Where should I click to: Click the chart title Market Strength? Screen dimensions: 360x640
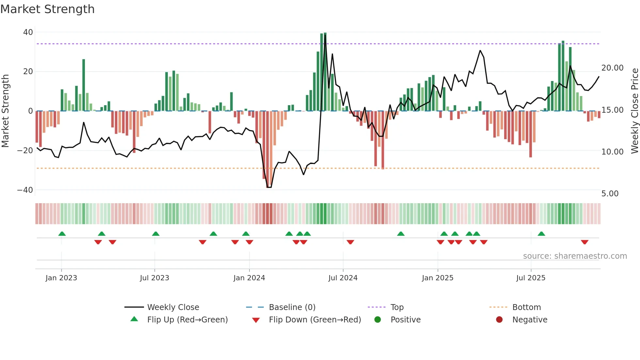pyautogui.click(x=47, y=9)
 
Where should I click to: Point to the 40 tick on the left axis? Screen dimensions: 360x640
pyautogui.click(x=28, y=32)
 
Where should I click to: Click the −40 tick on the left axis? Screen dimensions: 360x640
pyautogui.click(x=25, y=190)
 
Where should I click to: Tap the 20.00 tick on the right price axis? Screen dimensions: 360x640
pyautogui.click(x=612, y=68)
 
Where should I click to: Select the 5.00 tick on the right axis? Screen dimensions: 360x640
pyautogui.click(x=610, y=194)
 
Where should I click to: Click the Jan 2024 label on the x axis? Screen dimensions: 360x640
pyautogui.click(x=249, y=278)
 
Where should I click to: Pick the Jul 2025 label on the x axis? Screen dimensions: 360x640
pyautogui.click(x=531, y=278)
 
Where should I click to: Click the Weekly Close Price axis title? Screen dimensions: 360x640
pyautogui.click(x=634, y=111)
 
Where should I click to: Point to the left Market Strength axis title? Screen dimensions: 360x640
pyautogui.click(x=5, y=111)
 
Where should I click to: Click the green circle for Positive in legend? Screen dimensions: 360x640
pyautogui.click(x=378, y=320)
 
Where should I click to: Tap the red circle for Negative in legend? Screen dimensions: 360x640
pyautogui.click(x=499, y=320)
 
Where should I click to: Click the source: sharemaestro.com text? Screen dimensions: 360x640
pyautogui.click(x=575, y=256)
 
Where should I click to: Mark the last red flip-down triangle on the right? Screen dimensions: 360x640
pyautogui.click(x=584, y=242)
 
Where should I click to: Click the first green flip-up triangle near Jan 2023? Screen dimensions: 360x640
pyautogui.click(x=62, y=234)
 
